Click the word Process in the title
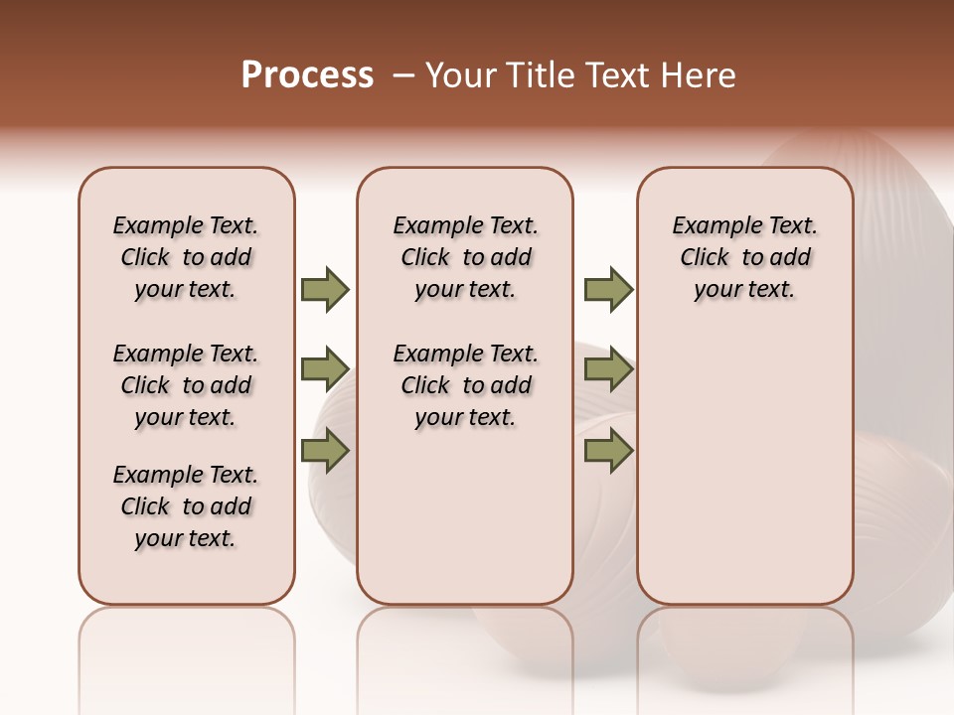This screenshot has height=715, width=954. click(307, 75)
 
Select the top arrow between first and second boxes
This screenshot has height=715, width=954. click(325, 289)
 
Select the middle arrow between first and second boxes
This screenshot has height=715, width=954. click(325, 369)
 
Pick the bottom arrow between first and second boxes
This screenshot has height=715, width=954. click(325, 451)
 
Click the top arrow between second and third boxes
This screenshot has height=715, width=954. click(608, 289)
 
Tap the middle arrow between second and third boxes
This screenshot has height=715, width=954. click(608, 369)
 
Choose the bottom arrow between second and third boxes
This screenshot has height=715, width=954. click(608, 451)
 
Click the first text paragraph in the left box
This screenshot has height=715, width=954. click(186, 257)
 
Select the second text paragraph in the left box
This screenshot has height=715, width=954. click(186, 385)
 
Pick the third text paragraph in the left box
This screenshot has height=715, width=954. click(186, 506)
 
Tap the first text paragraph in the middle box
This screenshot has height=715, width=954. click(465, 257)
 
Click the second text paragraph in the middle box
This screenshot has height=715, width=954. click(465, 385)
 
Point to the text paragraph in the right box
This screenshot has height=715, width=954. click(744, 257)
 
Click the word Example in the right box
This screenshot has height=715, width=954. click(711, 226)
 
